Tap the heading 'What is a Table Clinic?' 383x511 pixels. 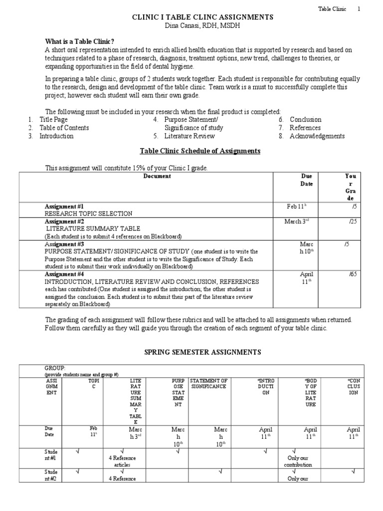(80, 42)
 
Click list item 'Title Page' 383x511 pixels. (53, 120)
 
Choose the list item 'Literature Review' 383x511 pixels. (190, 136)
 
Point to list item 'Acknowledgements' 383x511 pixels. (317, 136)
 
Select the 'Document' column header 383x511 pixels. (157, 176)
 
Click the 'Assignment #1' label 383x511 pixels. (64, 206)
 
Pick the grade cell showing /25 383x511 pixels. (353, 222)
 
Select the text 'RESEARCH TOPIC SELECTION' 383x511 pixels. (89, 214)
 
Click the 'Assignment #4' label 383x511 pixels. (64, 274)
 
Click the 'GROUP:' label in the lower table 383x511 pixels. (55, 368)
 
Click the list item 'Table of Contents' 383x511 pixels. (64, 128)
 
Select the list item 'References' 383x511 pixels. (305, 128)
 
